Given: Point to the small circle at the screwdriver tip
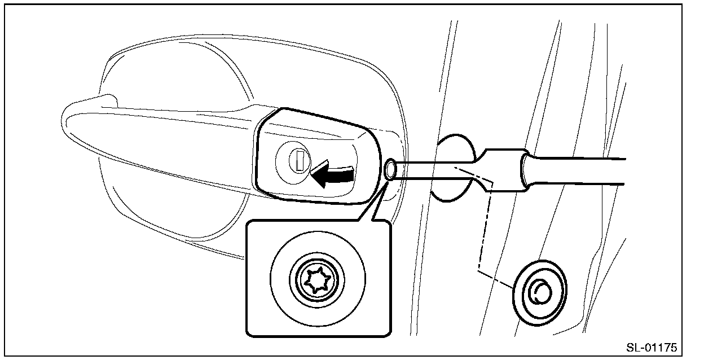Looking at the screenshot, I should [390, 169].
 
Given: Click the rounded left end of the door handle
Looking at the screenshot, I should [76, 121].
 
